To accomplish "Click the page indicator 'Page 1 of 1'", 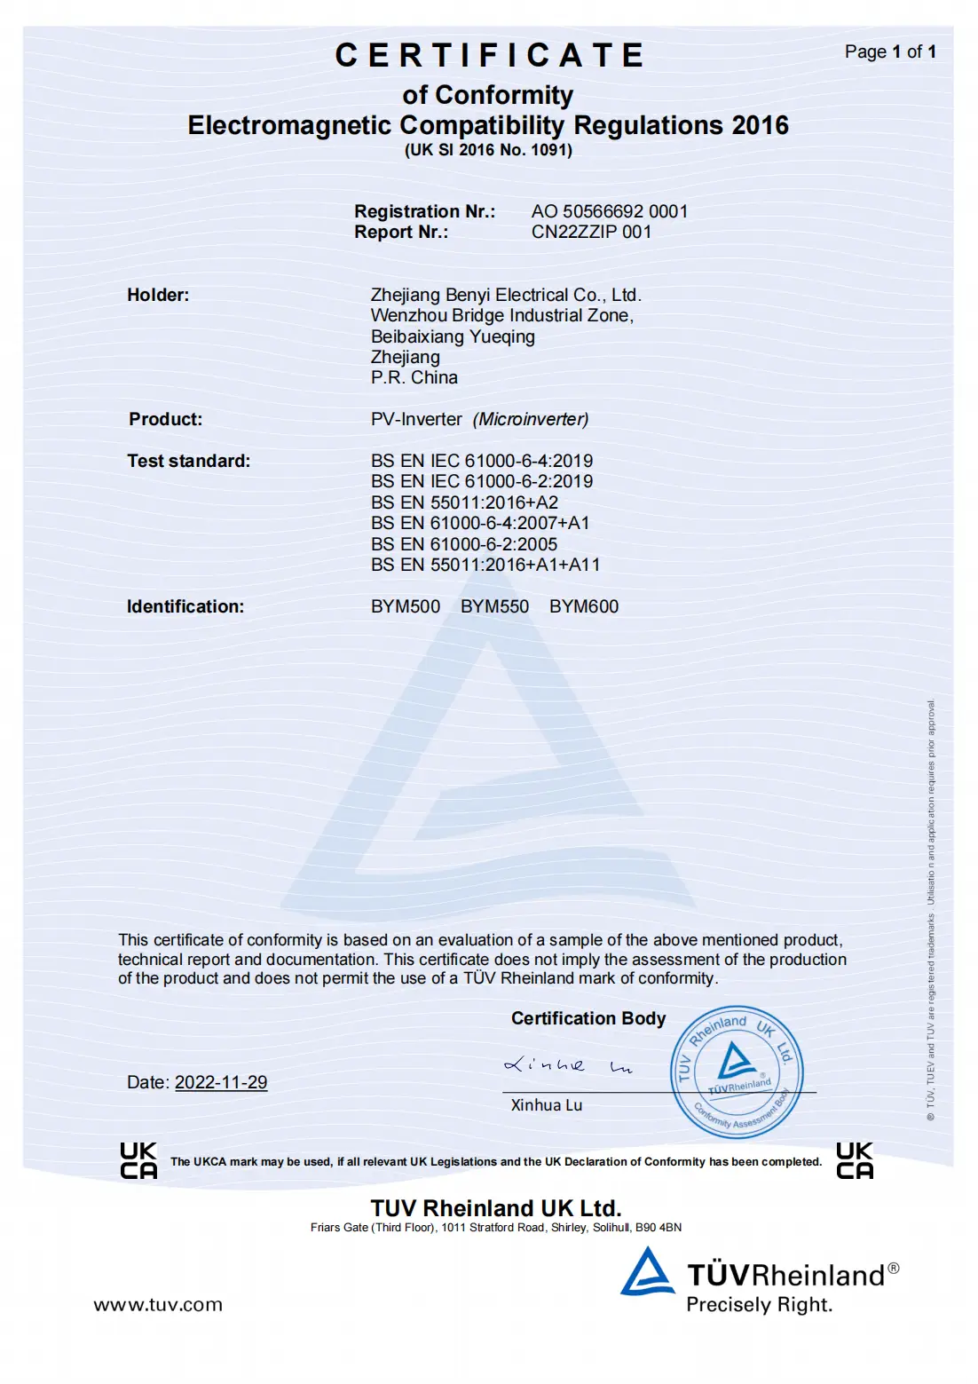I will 889,51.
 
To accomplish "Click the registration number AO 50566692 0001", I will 610,211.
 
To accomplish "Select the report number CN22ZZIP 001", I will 591,232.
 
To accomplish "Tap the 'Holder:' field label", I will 158,295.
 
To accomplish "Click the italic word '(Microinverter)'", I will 531,419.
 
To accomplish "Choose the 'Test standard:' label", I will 188,461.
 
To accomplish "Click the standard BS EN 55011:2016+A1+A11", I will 485,565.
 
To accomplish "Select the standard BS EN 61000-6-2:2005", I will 464,544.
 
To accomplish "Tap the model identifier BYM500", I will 406,606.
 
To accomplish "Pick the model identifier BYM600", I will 584,606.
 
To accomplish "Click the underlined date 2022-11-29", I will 221,1082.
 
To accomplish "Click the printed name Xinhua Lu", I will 547,1105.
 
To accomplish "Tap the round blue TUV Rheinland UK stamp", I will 736,1072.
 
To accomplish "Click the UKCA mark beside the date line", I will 138,1160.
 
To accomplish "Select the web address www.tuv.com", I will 158,1304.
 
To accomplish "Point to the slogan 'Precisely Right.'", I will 759,1304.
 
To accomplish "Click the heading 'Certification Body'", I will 588,1018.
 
